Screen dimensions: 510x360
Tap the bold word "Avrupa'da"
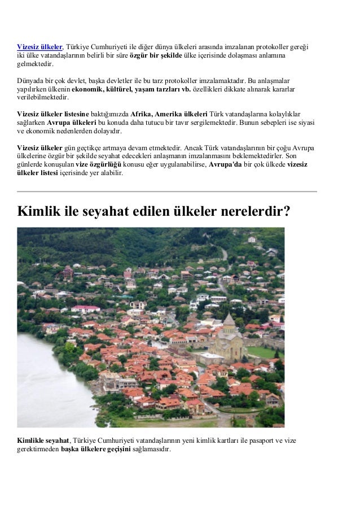225,164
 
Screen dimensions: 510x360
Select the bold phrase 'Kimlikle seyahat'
43,440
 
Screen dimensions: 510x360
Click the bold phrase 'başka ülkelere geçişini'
96,449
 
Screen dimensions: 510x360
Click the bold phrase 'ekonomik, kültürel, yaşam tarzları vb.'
131,89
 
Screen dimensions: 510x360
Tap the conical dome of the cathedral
229,322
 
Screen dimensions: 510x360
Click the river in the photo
45,384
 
